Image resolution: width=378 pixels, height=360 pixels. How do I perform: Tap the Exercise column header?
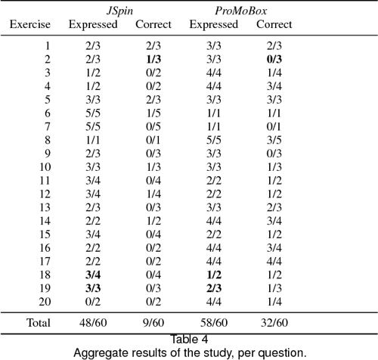(x=30, y=25)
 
